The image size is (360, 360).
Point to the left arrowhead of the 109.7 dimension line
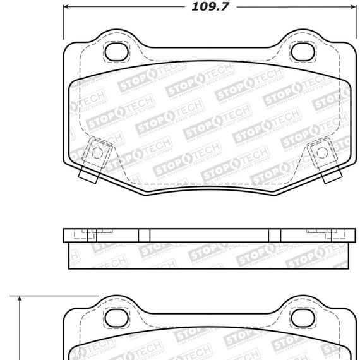point(68,9)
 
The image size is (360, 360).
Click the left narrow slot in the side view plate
point(144,236)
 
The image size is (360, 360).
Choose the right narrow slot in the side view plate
point(274,236)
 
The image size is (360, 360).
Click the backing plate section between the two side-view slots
point(208,236)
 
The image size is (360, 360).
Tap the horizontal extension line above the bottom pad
point(57,295)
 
